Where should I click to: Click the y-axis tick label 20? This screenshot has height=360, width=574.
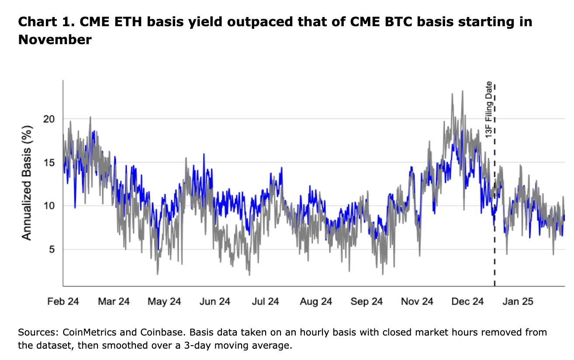click(51, 119)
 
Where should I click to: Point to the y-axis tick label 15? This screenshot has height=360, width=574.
click(51, 162)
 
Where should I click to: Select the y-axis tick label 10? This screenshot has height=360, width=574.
click(51, 205)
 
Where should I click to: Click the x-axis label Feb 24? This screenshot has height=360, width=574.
click(63, 301)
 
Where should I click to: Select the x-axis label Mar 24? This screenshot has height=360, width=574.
click(114, 301)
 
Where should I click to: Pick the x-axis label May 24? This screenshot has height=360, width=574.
click(164, 301)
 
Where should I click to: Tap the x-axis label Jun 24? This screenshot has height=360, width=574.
click(214, 301)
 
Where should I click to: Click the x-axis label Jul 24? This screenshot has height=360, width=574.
click(265, 301)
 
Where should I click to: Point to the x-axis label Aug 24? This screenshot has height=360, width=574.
click(316, 301)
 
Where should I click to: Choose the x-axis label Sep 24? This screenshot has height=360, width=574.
click(367, 301)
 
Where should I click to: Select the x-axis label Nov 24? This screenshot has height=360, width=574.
click(417, 301)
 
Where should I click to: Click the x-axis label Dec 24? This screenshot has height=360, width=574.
click(467, 301)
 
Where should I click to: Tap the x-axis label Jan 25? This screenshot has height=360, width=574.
click(518, 301)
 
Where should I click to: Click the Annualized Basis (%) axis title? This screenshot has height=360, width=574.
click(27, 182)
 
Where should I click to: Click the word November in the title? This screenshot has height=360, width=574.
click(55, 40)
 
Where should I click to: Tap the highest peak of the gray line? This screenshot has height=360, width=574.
click(462, 91)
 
